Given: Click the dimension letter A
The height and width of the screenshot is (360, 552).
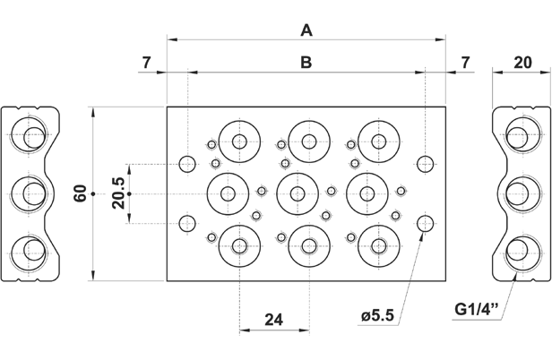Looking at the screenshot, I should pyautogui.click(x=306, y=30).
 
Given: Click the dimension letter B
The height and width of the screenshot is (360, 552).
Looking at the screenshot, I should pyautogui.click(x=306, y=63).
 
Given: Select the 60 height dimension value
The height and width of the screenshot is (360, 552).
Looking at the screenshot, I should pyautogui.click(x=81, y=193).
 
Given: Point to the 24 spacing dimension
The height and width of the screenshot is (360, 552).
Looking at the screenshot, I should pyautogui.click(x=274, y=320).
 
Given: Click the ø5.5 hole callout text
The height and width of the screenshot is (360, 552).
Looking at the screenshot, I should pyautogui.click(x=377, y=316).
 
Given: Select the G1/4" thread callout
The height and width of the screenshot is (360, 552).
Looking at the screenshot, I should pyautogui.click(x=475, y=311).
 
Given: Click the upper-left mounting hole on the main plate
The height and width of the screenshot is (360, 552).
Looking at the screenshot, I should pyautogui.click(x=187, y=164).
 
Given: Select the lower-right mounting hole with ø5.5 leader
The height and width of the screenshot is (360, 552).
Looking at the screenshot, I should pyautogui.click(x=426, y=223).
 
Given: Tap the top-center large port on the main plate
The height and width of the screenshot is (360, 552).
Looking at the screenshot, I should pyautogui.click(x=308, y=141).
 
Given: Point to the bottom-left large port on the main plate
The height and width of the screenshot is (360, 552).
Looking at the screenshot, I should pyautogui.click(x=239, y=242).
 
